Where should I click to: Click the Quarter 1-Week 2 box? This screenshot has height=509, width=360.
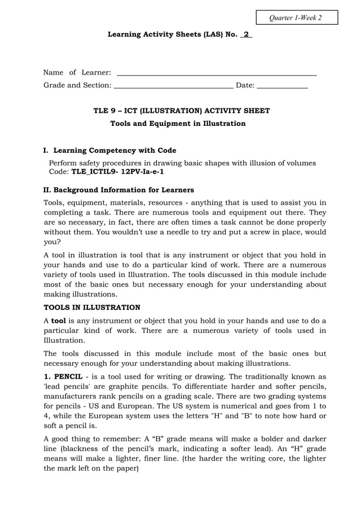(x=296, y=17)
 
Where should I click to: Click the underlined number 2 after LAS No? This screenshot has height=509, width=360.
(x=246, y=34)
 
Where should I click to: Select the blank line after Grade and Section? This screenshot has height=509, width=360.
(x=173, y=86)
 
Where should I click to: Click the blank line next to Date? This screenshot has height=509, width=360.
(x=282, y=86)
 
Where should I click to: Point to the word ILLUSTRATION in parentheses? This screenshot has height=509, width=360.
(x=173, y=111)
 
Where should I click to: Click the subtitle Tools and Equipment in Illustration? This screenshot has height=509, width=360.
(x=178, y=124)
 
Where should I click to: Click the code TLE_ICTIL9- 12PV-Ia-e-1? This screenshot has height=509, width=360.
(x=117, y=172)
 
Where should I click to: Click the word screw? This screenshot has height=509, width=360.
(x=256, y=231)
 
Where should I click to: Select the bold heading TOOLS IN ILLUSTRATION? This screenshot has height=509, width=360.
(x=92, y=308)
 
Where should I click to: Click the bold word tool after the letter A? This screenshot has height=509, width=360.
(x=59, y=321)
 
